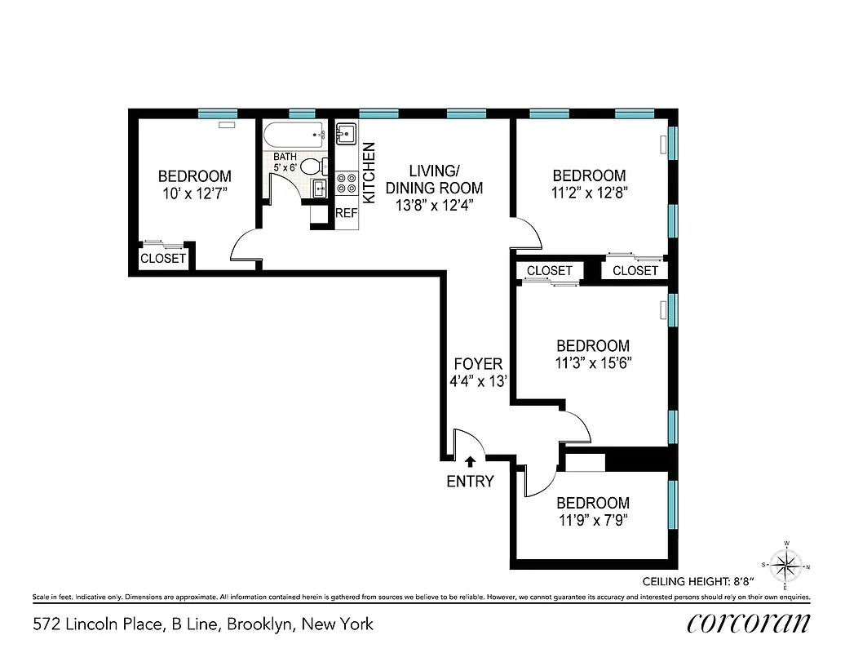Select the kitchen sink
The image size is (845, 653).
[x=346, y=133]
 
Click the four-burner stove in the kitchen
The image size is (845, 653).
[x=346, y=184]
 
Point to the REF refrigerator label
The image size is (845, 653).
[x=347, y=214]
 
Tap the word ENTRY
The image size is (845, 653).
[x=470, y=482]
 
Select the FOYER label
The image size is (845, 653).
[x=478, y=364]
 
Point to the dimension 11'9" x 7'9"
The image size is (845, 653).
[x=592, y=520]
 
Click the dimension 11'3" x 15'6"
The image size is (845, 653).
[x=592, y=363]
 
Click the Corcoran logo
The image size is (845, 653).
[x=749, y=624]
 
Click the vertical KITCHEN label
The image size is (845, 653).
[x=369, y=173]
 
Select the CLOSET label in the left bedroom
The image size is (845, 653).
[x=163, y=259]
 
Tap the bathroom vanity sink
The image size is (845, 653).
[x=321, y=189]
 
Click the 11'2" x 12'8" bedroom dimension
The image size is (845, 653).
[x=589, y=193]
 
